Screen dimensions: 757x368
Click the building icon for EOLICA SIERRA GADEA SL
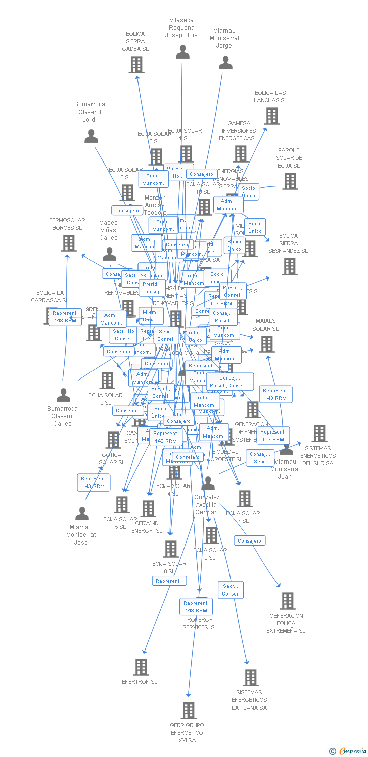pos(136,65)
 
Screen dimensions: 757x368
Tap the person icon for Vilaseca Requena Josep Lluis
pos(182,52)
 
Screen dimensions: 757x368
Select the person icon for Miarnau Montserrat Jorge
pos(225,63)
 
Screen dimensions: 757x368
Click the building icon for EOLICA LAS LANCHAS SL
pos(271,116)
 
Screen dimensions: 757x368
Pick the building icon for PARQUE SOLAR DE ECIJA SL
pos(290,181)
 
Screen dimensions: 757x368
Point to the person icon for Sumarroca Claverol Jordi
pos(91,136)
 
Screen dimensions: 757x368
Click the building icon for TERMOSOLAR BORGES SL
pos(68,243)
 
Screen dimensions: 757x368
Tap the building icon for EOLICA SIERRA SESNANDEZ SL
pos(289,266)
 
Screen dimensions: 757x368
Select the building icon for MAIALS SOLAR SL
pos(266,344)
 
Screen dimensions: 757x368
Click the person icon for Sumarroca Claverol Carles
pos(64,395)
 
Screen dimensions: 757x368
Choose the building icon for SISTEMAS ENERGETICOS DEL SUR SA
pos(319,434)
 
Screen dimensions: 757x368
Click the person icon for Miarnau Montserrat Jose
pos(82,514)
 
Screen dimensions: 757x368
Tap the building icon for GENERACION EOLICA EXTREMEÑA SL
pos(288,601)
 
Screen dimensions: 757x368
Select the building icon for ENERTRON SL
pos(141,667)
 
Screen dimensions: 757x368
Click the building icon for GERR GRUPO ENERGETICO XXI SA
pos(188,711)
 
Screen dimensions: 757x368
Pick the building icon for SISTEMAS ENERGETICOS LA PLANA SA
pos(250,678)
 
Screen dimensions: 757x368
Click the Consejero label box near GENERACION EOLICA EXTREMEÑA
pos(249,540)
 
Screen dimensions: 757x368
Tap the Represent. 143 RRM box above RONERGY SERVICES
pos(196,607)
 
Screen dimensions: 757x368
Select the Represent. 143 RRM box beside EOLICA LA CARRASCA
pos(65,317)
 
